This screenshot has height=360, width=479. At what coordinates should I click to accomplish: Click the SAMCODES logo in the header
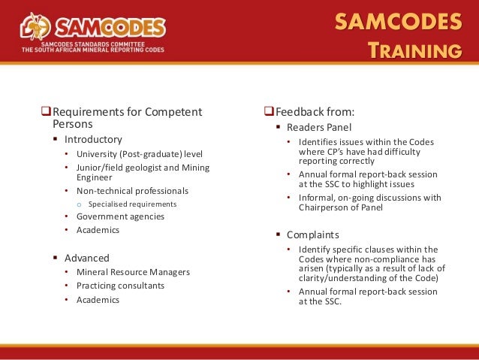(x=93, y=30)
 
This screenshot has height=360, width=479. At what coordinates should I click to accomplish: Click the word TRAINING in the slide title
(x=414, y=50)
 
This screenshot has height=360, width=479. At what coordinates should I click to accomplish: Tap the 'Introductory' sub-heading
(x=92, y=139)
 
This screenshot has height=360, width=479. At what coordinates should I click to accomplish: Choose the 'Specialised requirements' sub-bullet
(x=132, y=204)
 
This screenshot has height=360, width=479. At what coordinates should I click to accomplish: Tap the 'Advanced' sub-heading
(x=86, y=257)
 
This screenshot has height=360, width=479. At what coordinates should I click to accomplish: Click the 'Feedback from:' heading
(x=315, y=113)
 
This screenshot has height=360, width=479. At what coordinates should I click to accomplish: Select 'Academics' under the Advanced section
(x=98, y=299)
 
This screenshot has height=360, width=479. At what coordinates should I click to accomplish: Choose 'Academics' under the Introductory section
(x=98, y=230)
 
